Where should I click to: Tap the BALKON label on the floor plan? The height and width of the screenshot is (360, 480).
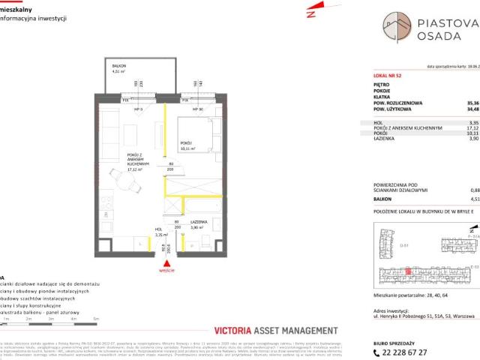point(118,67)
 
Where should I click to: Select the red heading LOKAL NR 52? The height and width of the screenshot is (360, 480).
point(388,76)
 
